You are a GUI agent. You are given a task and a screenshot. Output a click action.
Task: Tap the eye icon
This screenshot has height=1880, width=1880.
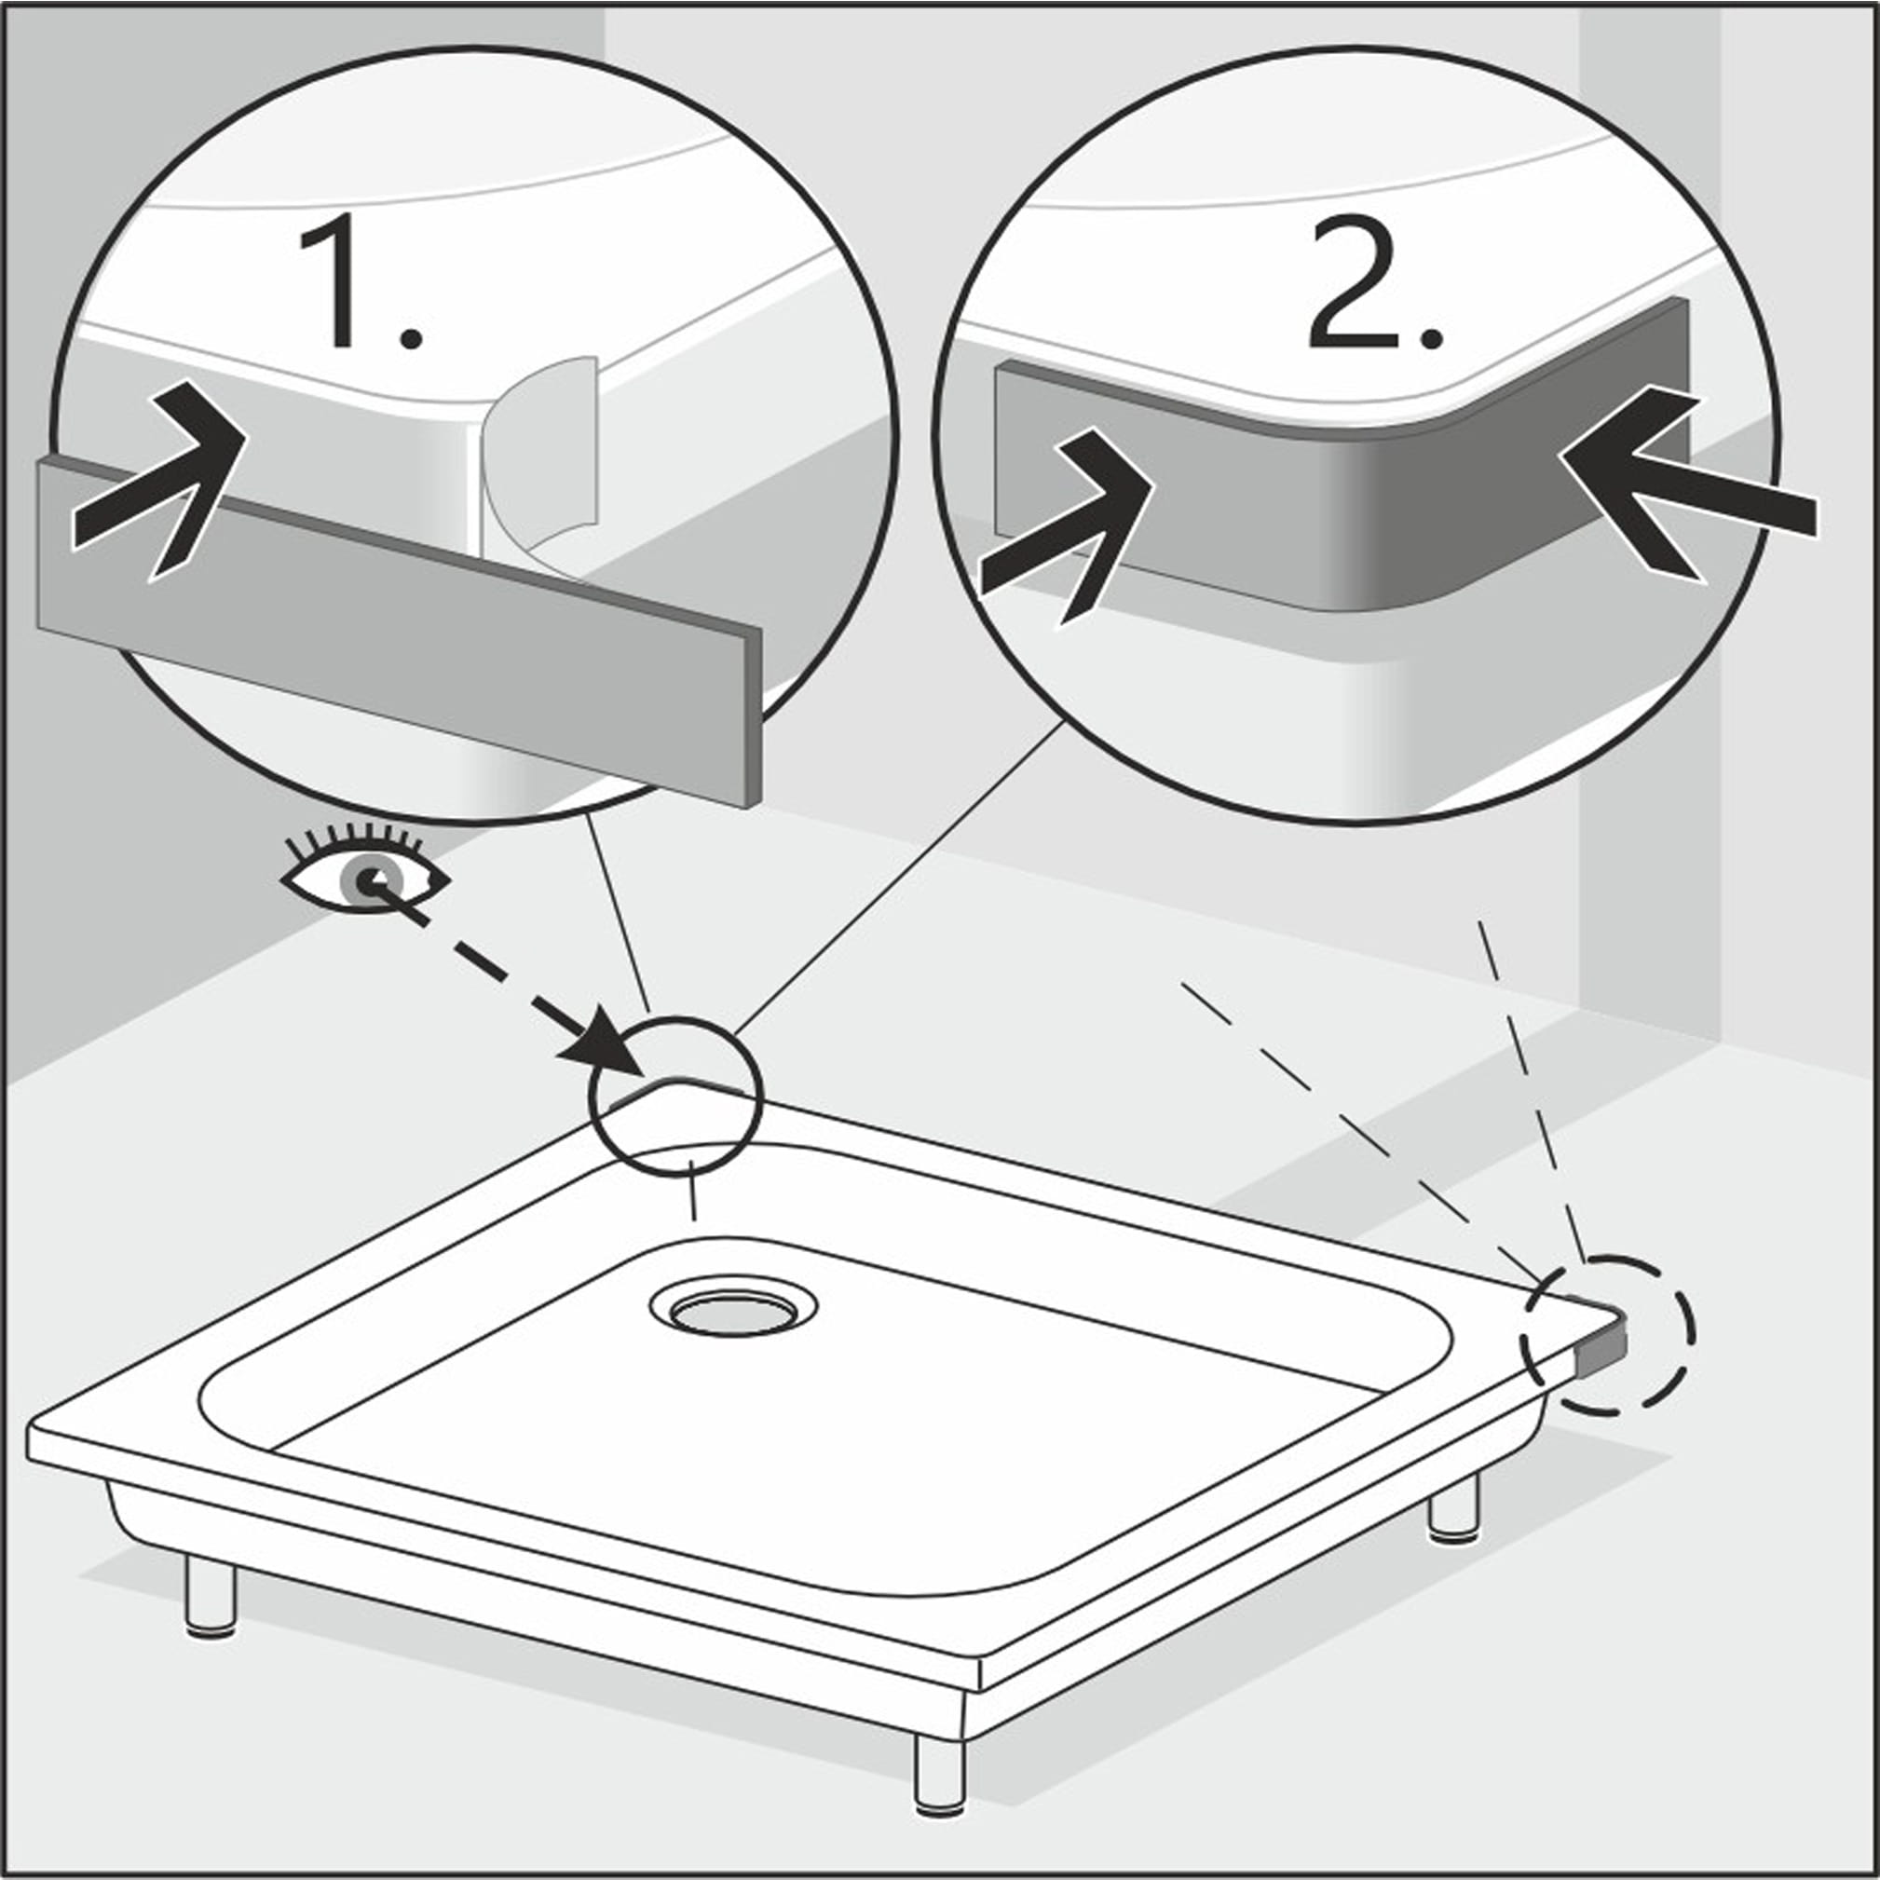[x=365, y=870]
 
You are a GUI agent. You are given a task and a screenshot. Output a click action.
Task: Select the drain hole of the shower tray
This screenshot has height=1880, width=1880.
[x=734, y=1310]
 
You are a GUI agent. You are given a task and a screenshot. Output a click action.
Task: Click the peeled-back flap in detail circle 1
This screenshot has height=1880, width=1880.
[x=541, y=467]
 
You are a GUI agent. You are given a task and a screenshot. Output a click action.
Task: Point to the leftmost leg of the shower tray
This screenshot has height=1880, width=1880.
[x=211, y=1601]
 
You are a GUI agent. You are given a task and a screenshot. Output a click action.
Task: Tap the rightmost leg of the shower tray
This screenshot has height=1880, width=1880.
[x=1455, y=1507]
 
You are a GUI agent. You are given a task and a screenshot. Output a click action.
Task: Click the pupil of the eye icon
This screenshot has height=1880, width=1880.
[x=367, y=879]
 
